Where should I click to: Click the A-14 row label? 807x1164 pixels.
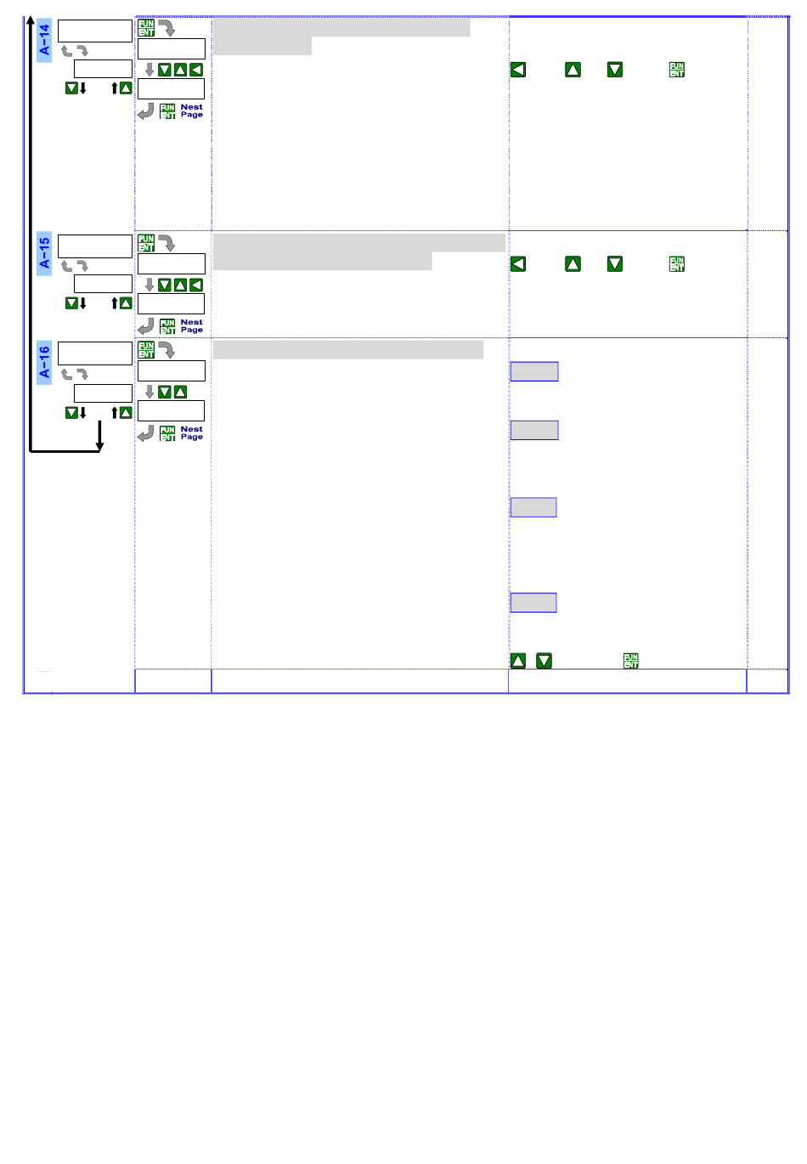pyautogui.click(x=44, y=39)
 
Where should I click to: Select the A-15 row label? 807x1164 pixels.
pyautogui.click(x=44, y=253)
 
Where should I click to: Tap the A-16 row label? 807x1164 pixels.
pyautogui.click(x=44, y=361)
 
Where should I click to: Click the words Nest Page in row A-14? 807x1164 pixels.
pyautogui.click(x=192, y=111)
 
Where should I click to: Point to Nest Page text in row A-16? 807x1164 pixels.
pyautogui.click(x=192, y=433)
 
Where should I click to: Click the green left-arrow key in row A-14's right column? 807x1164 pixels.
pyautogui.click(x=518, y=70)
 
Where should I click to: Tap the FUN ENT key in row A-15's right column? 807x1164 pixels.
pyautogui.click(x=676, y=264)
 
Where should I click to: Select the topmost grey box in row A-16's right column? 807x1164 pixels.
pyautogui.click(x=533, y=371)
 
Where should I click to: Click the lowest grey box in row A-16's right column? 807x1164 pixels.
pyautogui.click(x=533, y=602)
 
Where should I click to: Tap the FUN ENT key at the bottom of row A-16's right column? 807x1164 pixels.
pyautogui.click(x=630, y=660)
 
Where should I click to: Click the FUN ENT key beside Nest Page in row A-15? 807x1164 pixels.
pyautogui.click(x=167, y=326)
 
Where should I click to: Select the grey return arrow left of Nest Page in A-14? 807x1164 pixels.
pyautogui.click(x=146, y=111)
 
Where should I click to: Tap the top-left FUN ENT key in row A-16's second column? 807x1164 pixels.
pyautogui.click(x=146, y=350)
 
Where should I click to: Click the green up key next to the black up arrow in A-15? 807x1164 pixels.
pyautogui.click(x=126, y=303)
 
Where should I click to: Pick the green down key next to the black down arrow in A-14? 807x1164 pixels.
pyautogui.click(x=71, y=88)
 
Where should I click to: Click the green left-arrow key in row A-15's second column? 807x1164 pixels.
pyautogui.click(x=196, y=285)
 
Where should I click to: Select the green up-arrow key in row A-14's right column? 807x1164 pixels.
pyautogui.click(x=573, y=70)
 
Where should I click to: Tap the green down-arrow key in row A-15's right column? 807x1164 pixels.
pyautogui.click(x=615, y=264)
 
